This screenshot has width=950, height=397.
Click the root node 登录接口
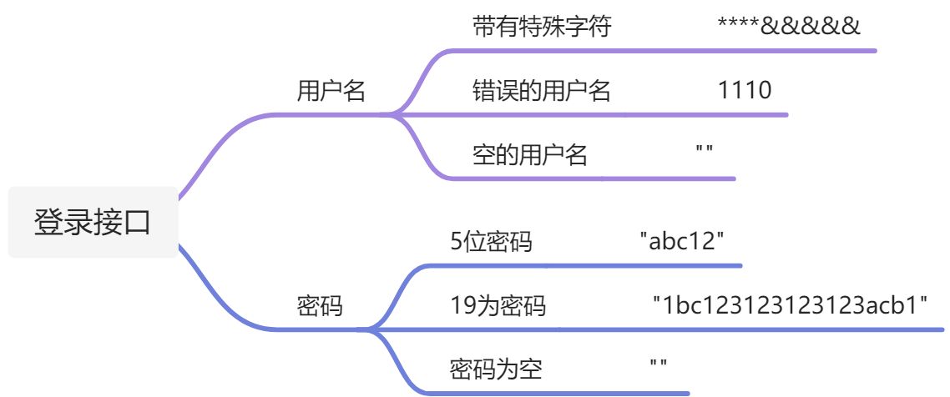[93, 224]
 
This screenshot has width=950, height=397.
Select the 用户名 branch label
[331, 91]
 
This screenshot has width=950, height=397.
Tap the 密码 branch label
[320, 306]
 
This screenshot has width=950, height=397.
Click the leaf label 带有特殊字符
[542, 27]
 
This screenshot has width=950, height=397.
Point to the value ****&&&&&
[788, 27]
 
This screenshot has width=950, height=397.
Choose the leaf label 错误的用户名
[542, 91]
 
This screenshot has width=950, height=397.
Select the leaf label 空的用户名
[530, 155]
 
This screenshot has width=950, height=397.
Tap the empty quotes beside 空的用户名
[704, 150]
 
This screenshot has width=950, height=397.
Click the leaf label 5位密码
[491, 243]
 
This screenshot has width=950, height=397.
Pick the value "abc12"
[681, 243]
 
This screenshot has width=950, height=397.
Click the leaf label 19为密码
[498, 306]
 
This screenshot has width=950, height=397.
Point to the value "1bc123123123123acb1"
[791, 306]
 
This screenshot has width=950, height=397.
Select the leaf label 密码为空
[496, 369]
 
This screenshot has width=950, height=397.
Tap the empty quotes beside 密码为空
[658, 364]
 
